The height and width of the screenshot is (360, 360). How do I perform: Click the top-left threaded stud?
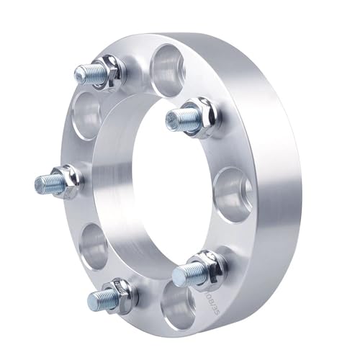[88, 73]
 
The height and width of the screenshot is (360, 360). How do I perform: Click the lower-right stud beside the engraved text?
[189, 273]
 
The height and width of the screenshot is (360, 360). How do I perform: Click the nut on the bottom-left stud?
[120, 294]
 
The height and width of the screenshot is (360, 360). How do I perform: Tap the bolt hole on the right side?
[234, 191]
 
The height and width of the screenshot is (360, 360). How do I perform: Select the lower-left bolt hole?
[96, 246]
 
